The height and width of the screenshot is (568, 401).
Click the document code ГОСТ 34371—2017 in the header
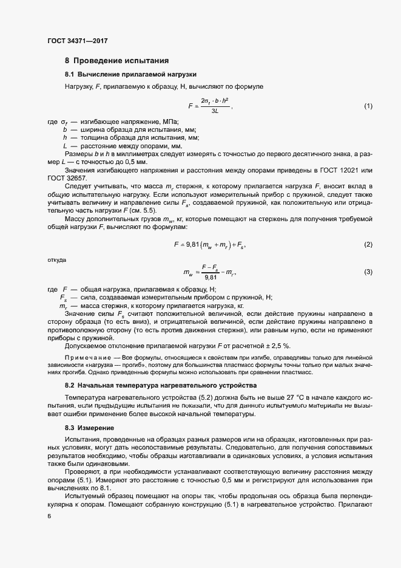click(x=77, y=41)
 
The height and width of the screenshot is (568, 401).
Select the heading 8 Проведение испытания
click(x=113, y=61)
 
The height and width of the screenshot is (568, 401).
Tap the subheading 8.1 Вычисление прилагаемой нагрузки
click(x=130, y=74)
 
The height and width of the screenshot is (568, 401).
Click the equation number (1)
click(x=368, y=106)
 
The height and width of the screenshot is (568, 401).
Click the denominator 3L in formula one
click(x=215, y=111)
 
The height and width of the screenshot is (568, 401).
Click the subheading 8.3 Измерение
click(x=89, y=428)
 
